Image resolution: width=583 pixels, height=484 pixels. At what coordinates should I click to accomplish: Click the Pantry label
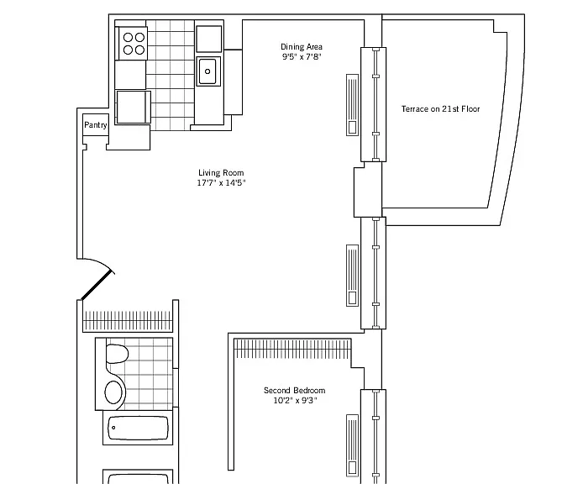coord(96,125)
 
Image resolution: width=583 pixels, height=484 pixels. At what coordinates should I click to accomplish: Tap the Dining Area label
coord(302,47)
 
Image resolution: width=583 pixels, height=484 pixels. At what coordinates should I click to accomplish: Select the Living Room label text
coord(221,172)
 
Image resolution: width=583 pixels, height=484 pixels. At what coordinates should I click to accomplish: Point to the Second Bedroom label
coord(295,390)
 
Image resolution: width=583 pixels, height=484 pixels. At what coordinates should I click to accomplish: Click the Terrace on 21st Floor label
coord(440,109)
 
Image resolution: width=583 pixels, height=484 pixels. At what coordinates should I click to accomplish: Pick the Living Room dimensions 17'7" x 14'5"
coord(221,182)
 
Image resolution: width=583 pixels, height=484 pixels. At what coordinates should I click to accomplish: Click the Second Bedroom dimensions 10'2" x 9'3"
coord(295,400)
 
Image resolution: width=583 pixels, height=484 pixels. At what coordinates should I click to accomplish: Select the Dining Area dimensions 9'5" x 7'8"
coord(302,57)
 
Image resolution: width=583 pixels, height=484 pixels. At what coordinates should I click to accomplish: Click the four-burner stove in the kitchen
coord(133,43)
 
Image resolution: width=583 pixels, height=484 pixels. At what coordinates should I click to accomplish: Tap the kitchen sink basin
coord(207,71)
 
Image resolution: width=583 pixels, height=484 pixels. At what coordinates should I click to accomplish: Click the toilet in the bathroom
coord(117,354)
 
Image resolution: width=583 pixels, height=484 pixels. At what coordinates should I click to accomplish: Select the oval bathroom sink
coord(113,392)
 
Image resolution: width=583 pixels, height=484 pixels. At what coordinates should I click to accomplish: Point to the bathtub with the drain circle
coord(138,428)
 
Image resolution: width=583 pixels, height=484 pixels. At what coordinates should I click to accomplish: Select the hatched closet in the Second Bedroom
coord(292,349)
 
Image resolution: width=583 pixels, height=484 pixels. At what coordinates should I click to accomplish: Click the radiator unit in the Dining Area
coord(353,105)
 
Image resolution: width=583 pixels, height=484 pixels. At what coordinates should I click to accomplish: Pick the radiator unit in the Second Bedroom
coord(353,445)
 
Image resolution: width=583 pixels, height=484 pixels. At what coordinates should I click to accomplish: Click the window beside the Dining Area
coord(374,104)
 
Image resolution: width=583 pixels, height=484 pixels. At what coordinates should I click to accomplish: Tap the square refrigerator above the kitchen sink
coord(209,39)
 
